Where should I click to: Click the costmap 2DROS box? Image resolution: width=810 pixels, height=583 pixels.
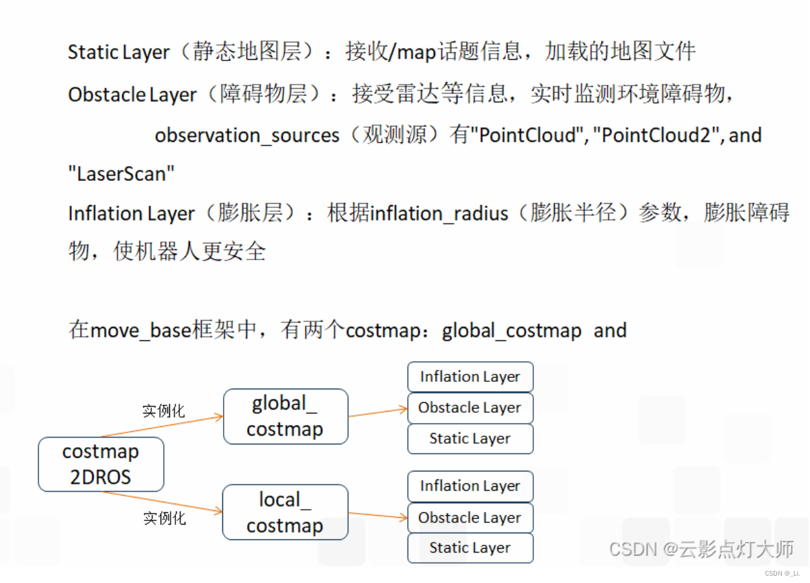pos(101,465)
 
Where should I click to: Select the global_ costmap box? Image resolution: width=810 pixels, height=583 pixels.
pos(285,416)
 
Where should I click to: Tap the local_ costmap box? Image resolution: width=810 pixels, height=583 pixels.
pos(285,512)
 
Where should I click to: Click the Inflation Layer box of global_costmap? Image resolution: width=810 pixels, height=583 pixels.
pos(470,377)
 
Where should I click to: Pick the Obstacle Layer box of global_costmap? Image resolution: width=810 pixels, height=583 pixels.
pos(470,407)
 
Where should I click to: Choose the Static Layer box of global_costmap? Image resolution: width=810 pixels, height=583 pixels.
pos(470,438)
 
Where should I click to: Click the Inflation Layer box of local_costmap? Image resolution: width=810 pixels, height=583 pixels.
pos(470,485)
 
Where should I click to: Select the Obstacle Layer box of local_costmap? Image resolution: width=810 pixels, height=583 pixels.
pos(470,518)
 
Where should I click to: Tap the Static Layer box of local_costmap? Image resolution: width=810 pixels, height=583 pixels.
pos(470,548)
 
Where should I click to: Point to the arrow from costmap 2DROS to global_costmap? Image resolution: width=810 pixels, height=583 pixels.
pos(161,427)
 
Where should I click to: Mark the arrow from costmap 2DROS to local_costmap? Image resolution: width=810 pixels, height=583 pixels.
pos(161,502)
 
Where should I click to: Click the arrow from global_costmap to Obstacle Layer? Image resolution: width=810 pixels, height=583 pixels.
pos(377,412)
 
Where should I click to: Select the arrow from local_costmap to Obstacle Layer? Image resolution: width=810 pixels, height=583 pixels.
pos(377,516)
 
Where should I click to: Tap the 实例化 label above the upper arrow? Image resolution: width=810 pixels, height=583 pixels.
pos(163,410)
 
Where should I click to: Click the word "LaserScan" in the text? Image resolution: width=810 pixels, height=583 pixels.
pos(122,174)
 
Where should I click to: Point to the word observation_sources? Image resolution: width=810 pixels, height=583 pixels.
pos(247,136)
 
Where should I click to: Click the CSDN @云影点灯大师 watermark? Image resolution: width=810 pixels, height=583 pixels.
pos(701,549)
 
